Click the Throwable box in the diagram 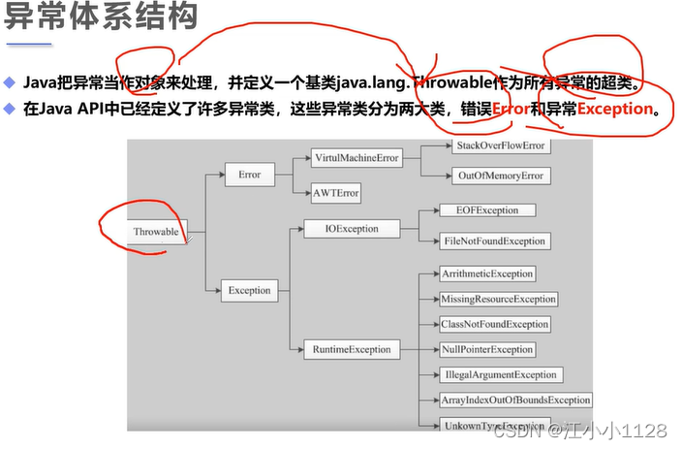tap(157, 232)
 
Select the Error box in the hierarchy tap(249, 175)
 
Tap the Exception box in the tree tap(249, 289)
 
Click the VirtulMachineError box tap(356, 158)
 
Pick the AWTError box tap(336, 193)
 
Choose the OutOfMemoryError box tap(500, 176)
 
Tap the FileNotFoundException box tap(493, 241)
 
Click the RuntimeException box tap(352, 348)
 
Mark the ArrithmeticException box tap(486, 274)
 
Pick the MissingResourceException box tap(498, 299)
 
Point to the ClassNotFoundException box tap(494, 324)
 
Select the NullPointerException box tap(486, 349)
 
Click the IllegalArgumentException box tap(499, 374)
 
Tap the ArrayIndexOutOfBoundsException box tap(514, 400)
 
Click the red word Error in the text tap(511, 109)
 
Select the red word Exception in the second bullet tap(614, 109)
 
